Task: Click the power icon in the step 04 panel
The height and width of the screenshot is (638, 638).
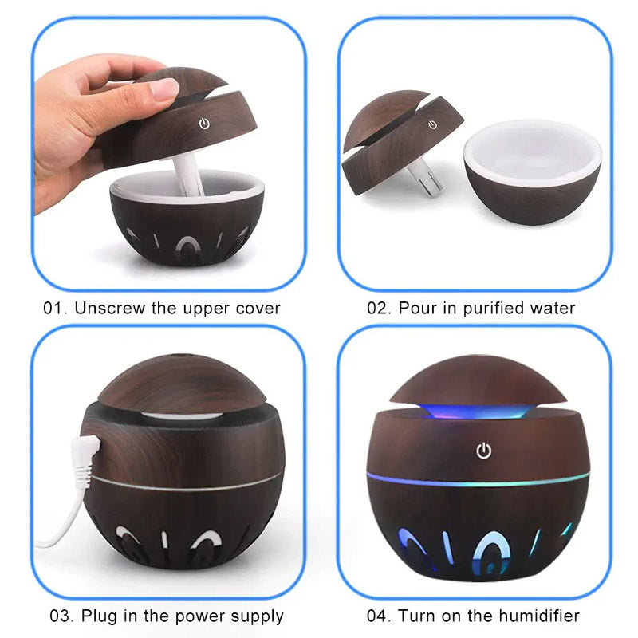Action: point(483,451)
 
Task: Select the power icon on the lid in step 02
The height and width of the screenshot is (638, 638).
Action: point(432,124)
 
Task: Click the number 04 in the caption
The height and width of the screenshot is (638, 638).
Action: point(377,616)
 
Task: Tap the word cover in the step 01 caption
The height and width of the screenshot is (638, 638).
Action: point(258,308)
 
